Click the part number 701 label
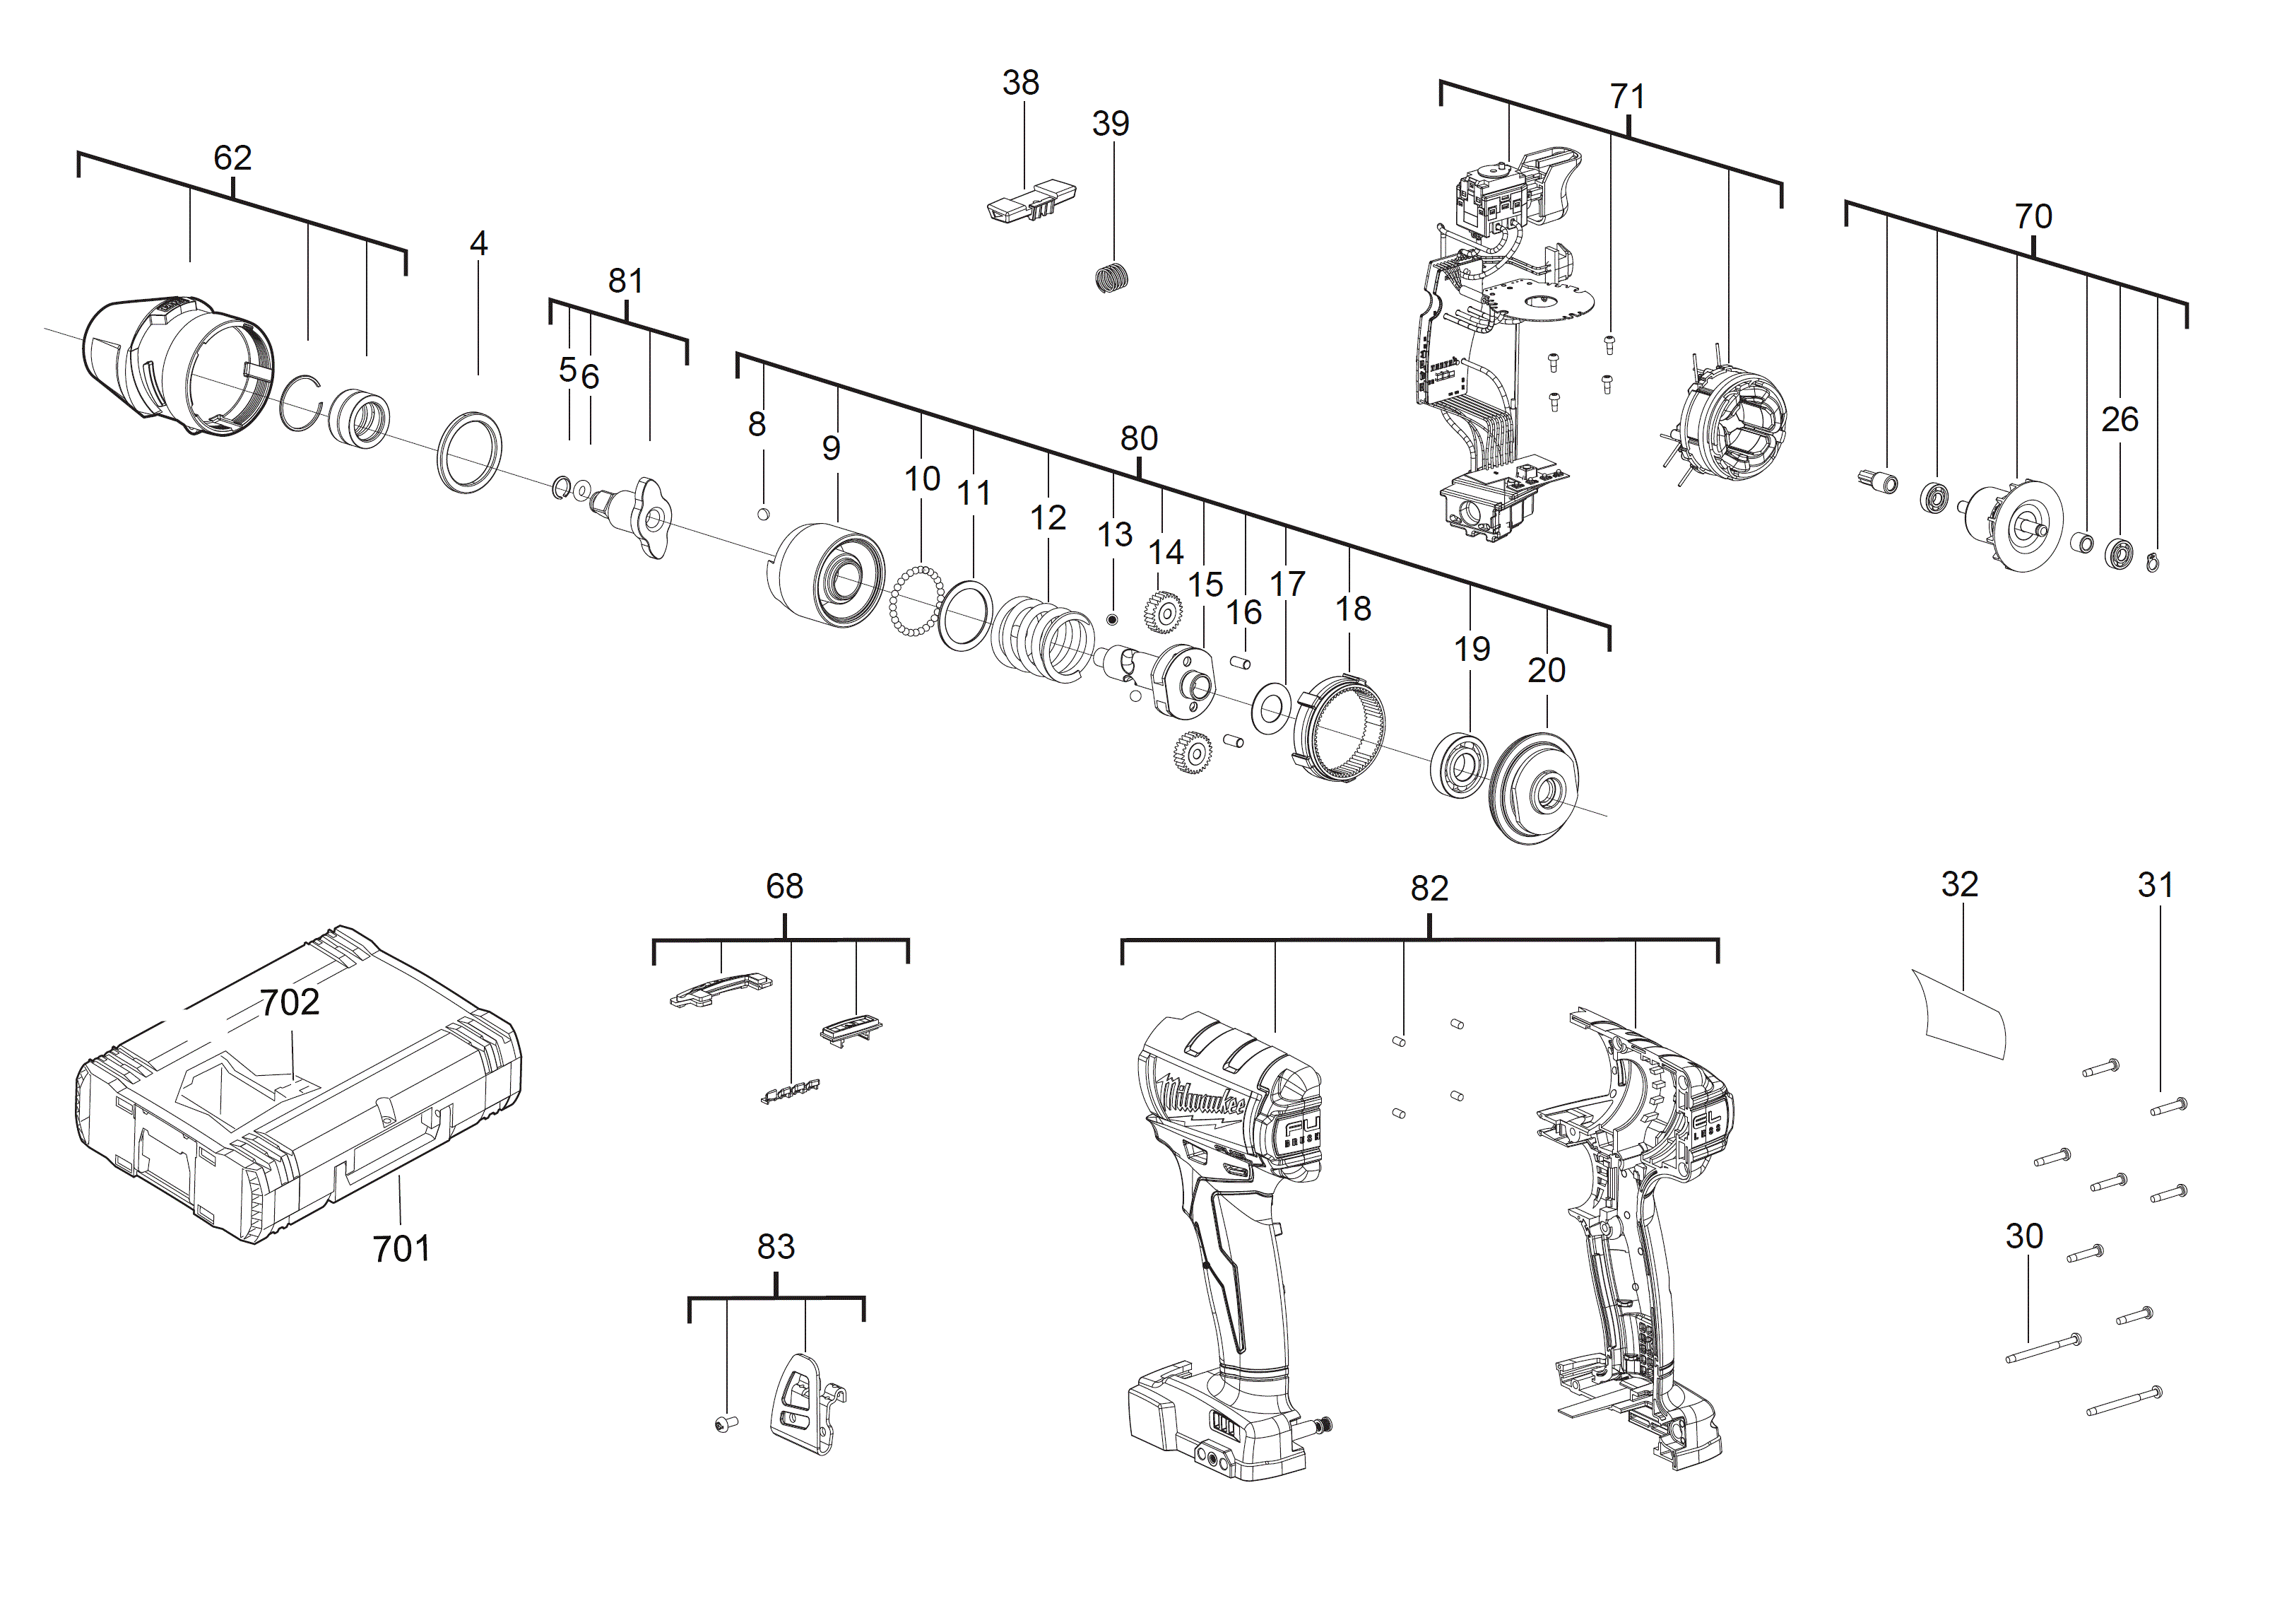pos(401,1248)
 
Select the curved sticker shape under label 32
pos(1960,1013)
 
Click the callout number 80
pos(1139,438)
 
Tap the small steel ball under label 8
pos(762,512)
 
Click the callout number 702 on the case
pos(290,1003)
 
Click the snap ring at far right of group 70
pos(2154,562)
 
